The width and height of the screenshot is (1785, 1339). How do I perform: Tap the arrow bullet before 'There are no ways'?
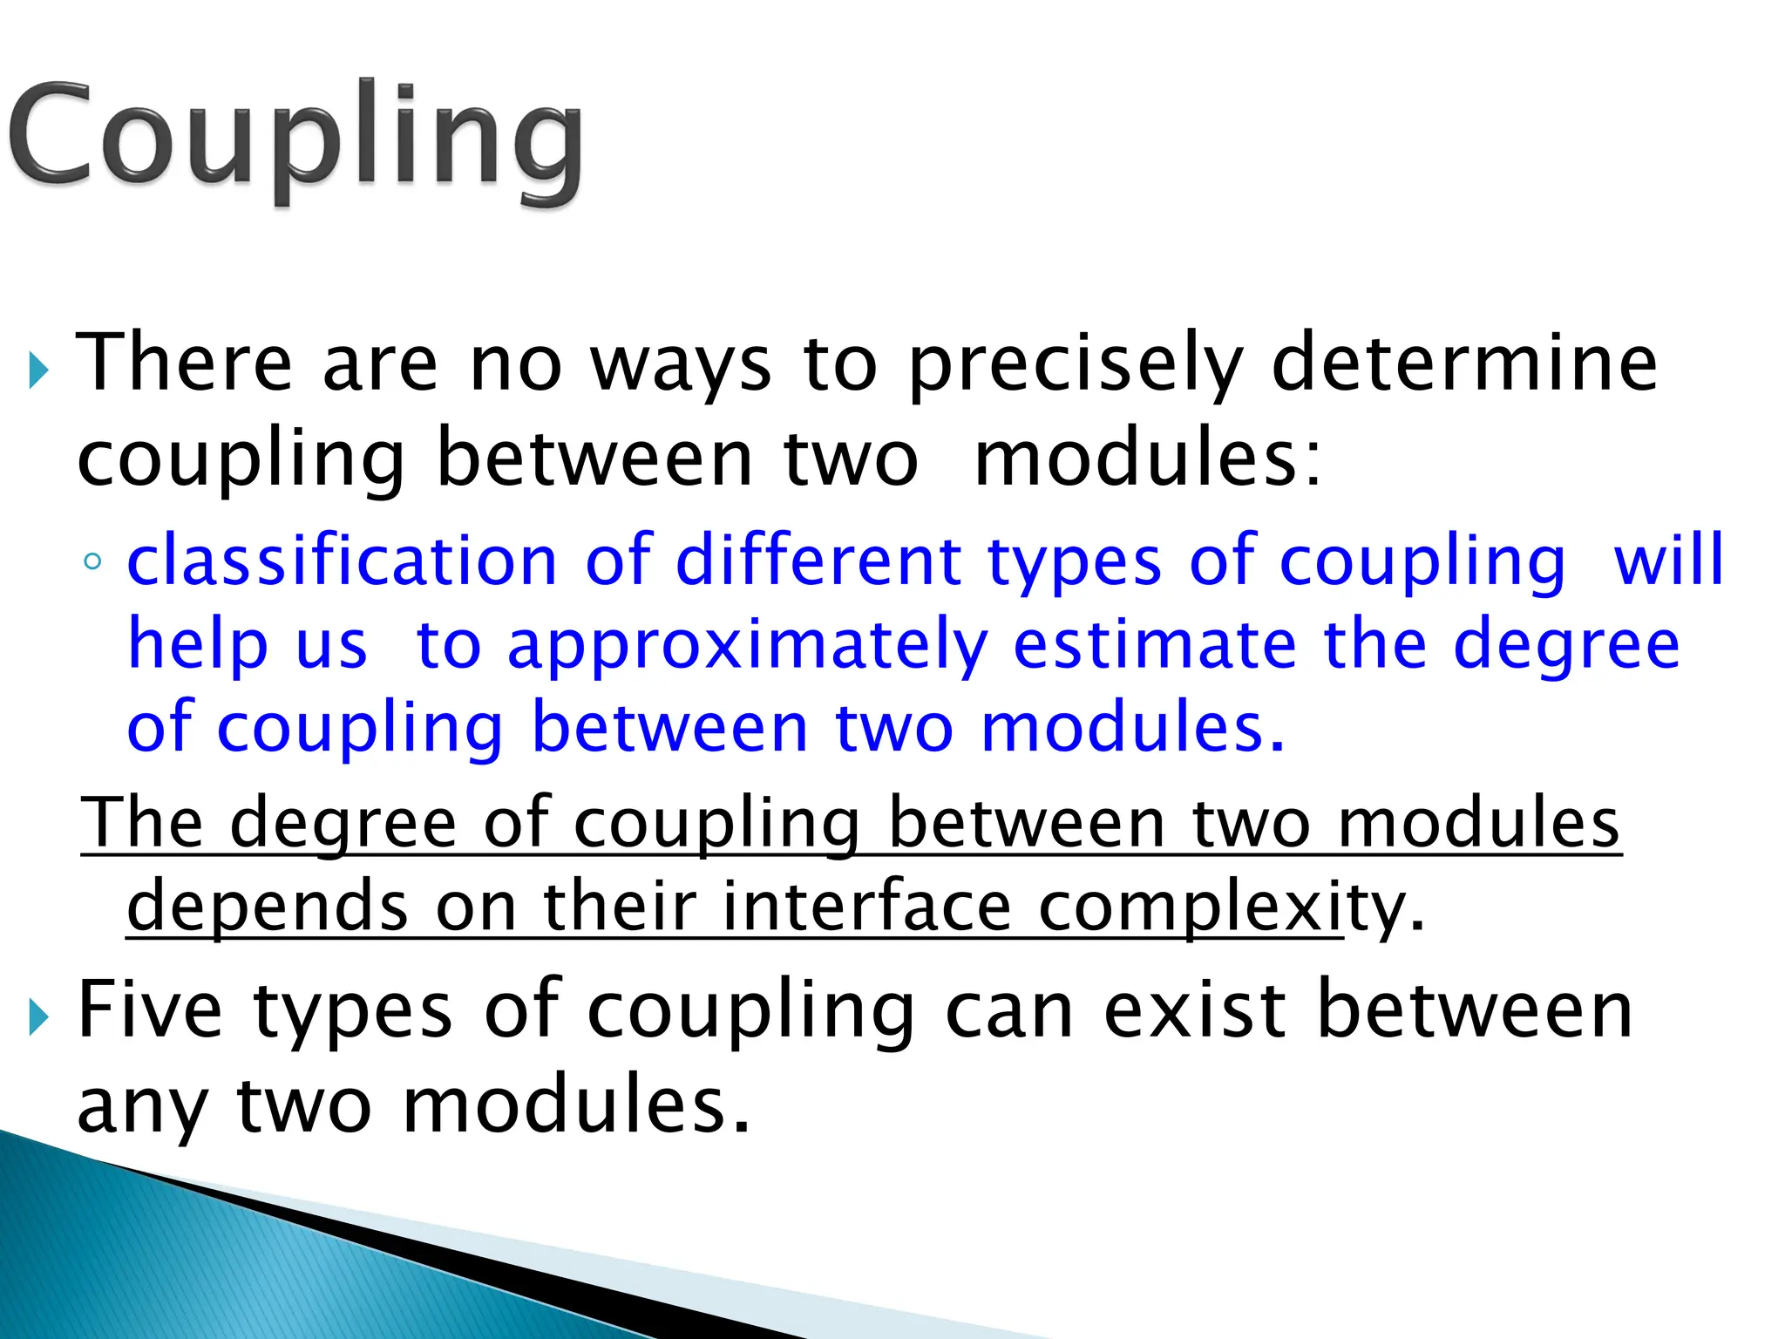[37, 371]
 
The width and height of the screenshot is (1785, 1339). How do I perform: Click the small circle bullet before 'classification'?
[92, 562]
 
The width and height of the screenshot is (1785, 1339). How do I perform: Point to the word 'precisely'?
[1076, 364]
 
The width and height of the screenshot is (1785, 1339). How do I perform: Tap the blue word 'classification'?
[342, 561]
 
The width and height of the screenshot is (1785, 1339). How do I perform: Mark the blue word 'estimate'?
[1155, 644]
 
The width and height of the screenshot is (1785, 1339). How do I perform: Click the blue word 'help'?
[198, 644]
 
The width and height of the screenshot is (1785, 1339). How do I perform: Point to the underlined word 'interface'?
[866, 907]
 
